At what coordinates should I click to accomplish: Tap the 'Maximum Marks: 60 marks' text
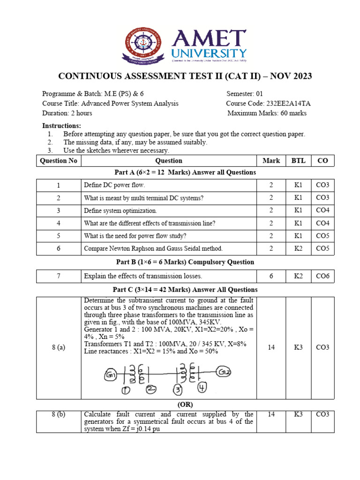pos(267,113)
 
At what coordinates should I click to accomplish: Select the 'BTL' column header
pos(298,161)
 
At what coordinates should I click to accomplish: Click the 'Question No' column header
pos(59,161)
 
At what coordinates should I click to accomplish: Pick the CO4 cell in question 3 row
pos(322,210)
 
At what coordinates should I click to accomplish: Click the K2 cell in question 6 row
pos(298,248)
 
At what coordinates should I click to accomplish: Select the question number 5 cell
pos(59,236)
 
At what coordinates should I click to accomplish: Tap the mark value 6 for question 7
pos(271,276)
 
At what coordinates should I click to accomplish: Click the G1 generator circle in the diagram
pos(111,375)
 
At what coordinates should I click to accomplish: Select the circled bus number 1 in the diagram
pos(126,390)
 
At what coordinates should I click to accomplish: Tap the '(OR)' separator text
pos(184,404)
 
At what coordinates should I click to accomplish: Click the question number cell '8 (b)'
pos(59,414)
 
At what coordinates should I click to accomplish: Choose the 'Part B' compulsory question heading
pos(185,262)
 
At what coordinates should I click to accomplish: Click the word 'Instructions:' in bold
pos(61,126)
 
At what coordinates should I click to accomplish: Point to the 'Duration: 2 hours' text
pos(67,113)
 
